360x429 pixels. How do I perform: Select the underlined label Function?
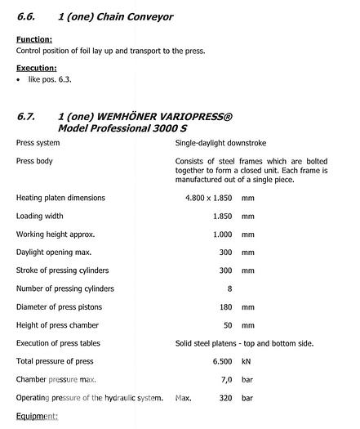(x=34, y=39)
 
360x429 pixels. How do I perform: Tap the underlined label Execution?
(x=37, y=68)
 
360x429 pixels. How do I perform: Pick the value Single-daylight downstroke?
(x=220, y=143)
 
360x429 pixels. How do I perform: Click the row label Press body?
(x=34, y=161)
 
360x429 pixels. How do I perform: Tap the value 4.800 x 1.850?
(x=209, y=198)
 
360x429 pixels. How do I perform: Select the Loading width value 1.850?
(x=222, y=217)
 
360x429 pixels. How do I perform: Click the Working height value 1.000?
(x=222, y=235)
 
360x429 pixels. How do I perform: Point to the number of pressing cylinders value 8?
(x=229, y=288)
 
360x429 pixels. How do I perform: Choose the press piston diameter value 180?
(x=225, y=307)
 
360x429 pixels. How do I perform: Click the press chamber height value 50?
(x=228, y=325)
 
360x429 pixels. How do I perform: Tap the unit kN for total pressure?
(x=247, y=361)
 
